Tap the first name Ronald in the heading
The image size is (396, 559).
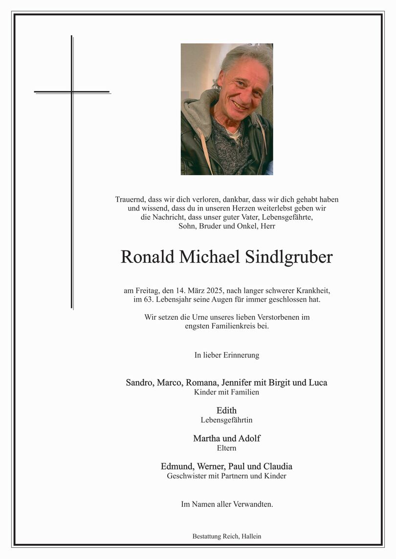click(147, 257)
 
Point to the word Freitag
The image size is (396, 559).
click(147, 290)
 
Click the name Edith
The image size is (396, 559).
click(226, 410)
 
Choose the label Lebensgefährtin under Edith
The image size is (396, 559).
click(226, 420)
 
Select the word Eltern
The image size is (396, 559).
click(226, 448)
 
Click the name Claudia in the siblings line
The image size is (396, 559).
click(278, 466)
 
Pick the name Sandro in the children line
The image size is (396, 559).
click(139, 382)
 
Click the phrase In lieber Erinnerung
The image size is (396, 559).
click(226, 355)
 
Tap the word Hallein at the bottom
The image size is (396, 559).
click(251, 536)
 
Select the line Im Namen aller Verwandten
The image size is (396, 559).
click(226, 504)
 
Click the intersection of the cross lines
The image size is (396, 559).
click(72, 92)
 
